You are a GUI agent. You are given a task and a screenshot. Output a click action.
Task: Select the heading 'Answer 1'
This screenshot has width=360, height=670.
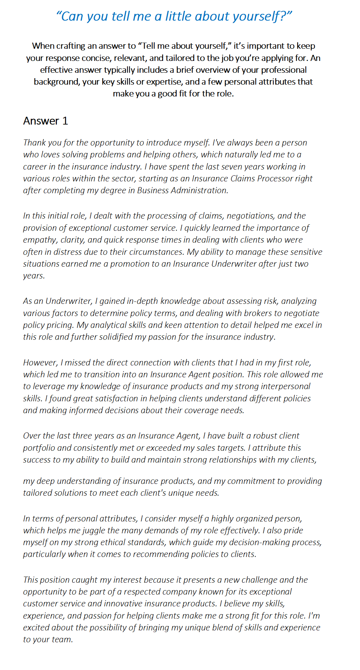tap(45, 121)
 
